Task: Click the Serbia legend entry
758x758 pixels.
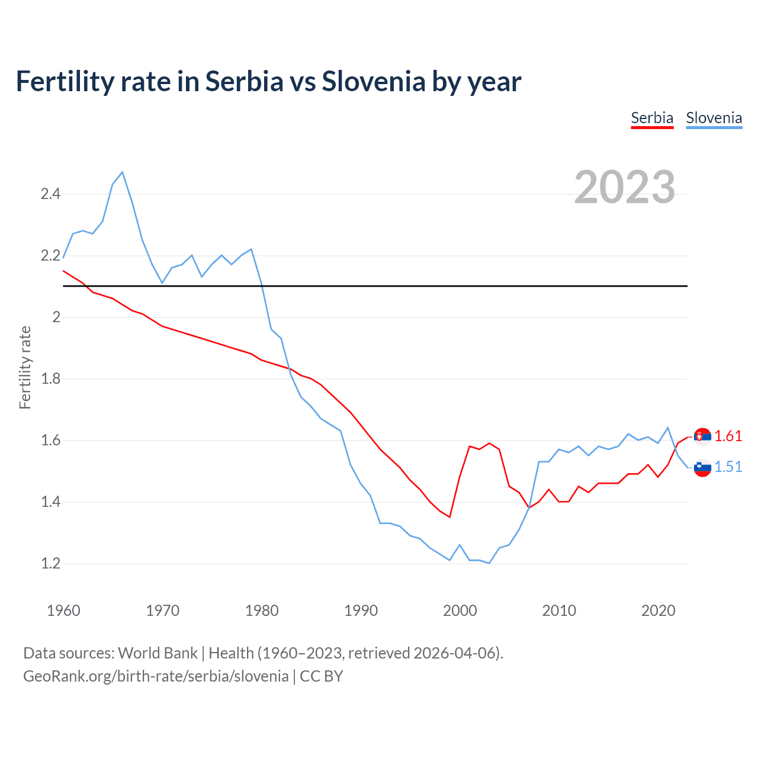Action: (652, 118)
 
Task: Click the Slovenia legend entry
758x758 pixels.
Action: (714, 118)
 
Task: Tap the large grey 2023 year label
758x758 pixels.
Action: (625, 187)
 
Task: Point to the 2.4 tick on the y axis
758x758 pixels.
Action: (50, 194)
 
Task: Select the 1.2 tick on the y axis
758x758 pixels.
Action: (50, 564)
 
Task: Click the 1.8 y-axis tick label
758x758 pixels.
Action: (50, 379)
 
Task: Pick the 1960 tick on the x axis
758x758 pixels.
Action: (63, 611)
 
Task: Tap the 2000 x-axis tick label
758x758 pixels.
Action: (460, 611)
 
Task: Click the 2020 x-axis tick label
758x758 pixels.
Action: (658, 611)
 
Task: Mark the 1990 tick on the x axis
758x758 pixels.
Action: (361, 611)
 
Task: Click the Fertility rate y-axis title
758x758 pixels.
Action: (25, 367)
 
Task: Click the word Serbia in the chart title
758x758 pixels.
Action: (245, 82)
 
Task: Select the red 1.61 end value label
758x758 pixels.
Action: (728, 436)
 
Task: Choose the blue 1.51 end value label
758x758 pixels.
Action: (728, 467)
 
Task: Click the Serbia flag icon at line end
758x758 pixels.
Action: (702, 436)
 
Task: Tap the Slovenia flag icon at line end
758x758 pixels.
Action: (702, 467)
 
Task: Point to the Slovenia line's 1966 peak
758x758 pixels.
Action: (123, 172)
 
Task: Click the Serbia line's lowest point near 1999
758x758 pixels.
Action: (449, 517)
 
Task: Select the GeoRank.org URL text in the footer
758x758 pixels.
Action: (156, 676)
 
